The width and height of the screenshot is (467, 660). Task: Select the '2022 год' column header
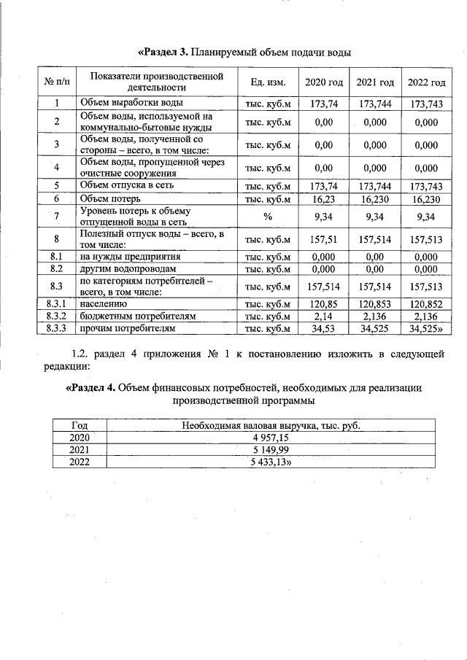426,82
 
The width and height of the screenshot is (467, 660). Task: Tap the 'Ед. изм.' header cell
268,82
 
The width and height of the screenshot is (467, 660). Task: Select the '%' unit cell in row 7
268,216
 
